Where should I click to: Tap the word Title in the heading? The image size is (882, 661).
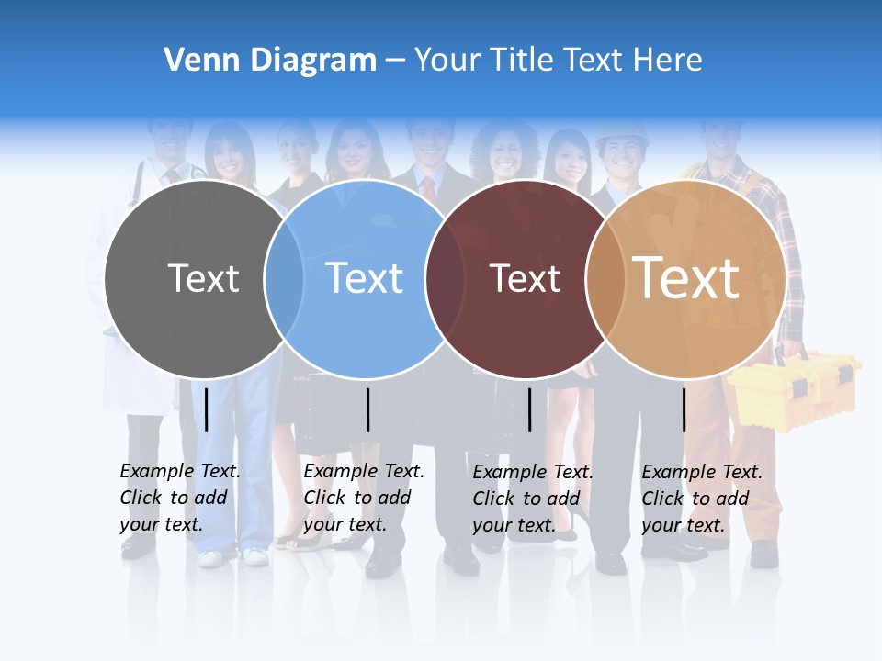[523, 60]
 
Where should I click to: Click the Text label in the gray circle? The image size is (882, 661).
[203, 278]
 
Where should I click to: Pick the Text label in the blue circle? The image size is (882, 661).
[365, 278]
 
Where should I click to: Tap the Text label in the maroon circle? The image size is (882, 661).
[525, 278]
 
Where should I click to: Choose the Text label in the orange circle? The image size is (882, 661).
[686, 278]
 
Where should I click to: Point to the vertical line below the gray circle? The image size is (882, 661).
[207, 409]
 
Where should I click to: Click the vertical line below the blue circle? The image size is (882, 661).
[367, 409]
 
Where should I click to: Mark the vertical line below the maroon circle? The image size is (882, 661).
[530, 409]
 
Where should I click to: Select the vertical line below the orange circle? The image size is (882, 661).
[684, 409]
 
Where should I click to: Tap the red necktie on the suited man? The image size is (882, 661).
[428, 188]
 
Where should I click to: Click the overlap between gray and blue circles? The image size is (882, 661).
[284, 278]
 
